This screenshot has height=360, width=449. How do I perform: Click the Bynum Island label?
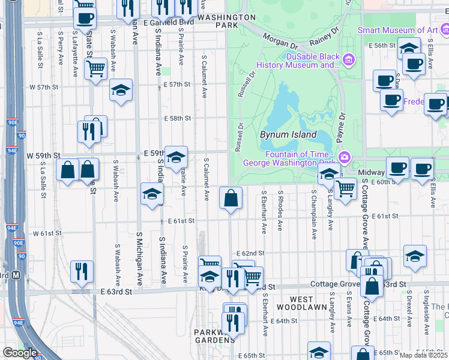[x=288, y=135]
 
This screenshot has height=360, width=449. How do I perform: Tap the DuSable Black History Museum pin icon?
[x=349, y=60]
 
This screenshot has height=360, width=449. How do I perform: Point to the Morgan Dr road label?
[x=280, y=41]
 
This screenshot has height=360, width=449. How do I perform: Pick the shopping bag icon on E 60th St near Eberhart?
[x=231, y=197]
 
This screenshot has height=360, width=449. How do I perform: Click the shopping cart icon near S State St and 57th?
[x=96, y=69]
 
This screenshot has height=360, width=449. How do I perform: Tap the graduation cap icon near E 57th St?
[x=121, y=90]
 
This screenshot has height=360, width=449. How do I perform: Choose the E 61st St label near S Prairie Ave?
[x=181, y=221]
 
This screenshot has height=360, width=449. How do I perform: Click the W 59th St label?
[x=44, y=155]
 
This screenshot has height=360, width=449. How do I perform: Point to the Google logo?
[x=19, y=353]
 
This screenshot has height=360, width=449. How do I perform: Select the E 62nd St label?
[x=250, y=254]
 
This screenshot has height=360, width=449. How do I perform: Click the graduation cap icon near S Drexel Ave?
[x=415, y=256]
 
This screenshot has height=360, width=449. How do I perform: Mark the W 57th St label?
[x=44, y=87]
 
